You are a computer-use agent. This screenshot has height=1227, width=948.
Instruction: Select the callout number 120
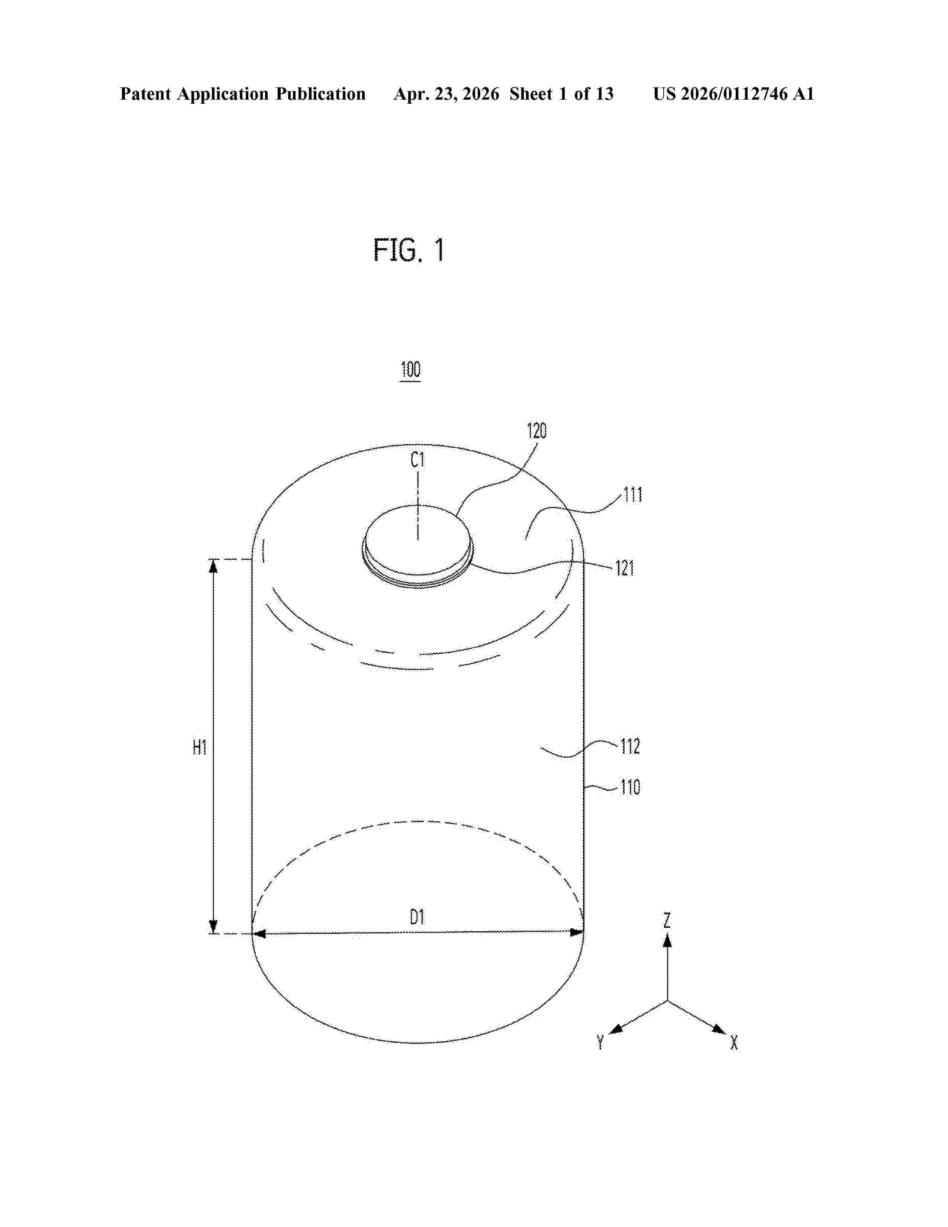(536, 431)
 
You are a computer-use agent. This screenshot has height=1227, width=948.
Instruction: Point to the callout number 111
(632, 496)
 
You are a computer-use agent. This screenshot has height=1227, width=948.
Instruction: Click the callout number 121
(625, 569)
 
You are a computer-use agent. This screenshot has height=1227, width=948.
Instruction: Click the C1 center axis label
(417, 461)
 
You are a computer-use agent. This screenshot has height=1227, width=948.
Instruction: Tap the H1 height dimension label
(199, 748)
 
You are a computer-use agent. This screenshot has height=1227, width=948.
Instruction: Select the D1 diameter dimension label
(417, 917)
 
